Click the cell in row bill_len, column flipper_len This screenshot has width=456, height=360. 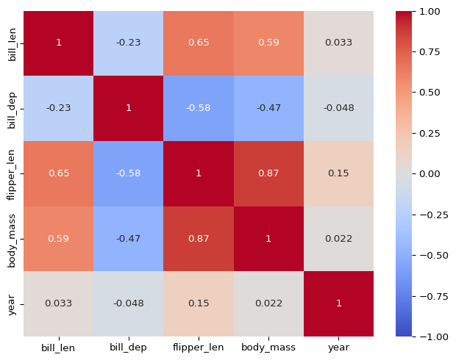click(x=199, y=43)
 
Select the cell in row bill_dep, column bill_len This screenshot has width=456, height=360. click(x=58, y=109)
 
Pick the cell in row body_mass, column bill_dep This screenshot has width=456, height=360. click(x=128, y=239)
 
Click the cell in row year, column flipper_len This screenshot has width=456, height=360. click(x=199, y=303)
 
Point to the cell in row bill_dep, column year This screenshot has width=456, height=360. click(x=338, y=109)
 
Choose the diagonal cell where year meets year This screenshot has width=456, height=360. click(x=338, y=303)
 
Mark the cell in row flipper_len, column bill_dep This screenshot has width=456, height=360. click(x=128, y=173)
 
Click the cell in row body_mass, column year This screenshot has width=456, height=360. click(x=338, y=239)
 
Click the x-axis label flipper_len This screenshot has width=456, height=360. click(x=199, y=348)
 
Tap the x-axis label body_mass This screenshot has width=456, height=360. click(x=268, y=348)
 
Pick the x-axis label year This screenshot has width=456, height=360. click(x=338, y=348)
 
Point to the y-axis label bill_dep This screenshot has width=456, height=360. click(x=12, y=109)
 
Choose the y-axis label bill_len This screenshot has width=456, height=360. click(x=12, y=43)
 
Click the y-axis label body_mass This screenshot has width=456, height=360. click(x=12, y=239)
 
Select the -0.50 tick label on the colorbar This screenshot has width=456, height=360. click(x=432, y=255)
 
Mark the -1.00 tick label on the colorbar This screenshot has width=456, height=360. click(x=432, y=336)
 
